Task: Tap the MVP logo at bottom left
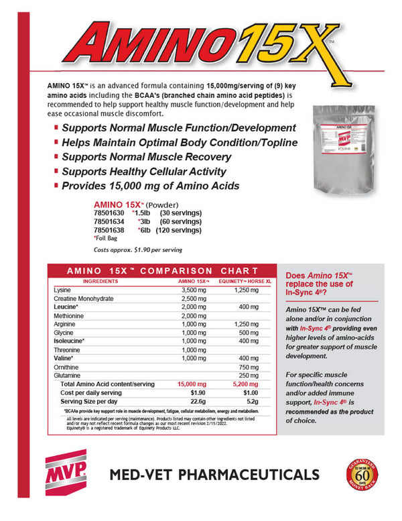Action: tap(67, 474)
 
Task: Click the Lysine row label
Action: tap(62, 290)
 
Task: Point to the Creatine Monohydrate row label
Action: tap(84, 298)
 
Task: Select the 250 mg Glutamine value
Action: tap(248, 375)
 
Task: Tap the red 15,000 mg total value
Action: tap(192, 384)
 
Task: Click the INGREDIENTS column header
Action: tap(100, 281)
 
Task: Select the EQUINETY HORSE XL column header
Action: tap(247, 281)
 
